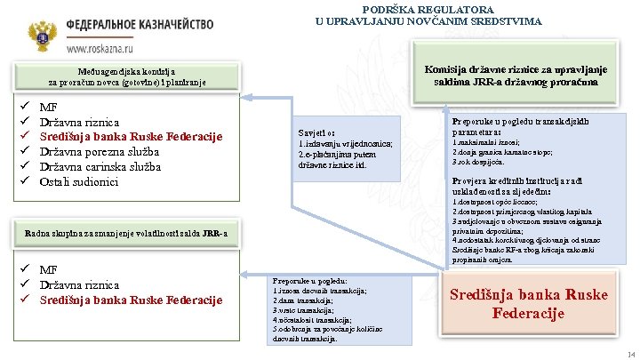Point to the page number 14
coord(630,353)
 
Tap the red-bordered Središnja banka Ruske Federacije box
coord(529,303)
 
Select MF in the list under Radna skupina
coord(49,269)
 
